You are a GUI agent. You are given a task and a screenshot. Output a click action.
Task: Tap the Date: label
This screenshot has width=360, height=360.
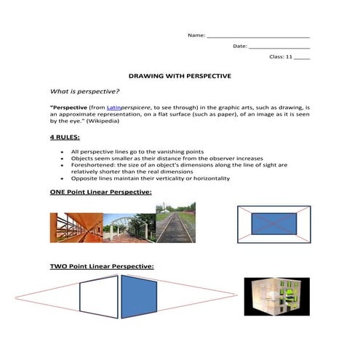(240, 46)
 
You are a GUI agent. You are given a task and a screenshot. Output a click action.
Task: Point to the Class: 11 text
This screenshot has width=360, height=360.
(280, 56)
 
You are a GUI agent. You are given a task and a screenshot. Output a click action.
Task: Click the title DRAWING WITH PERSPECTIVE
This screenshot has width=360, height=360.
(179, 75)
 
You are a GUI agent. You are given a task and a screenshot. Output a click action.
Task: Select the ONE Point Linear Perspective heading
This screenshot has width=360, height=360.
(100, 192)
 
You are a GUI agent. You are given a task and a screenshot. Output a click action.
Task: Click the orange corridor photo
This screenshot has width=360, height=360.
(76, 227)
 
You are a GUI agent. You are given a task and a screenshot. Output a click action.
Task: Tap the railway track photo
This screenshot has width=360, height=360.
(175, 222)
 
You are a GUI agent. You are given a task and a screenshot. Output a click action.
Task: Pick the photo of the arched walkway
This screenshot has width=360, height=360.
(129, 227)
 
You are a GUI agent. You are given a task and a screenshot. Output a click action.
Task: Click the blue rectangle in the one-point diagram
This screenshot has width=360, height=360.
(273, 223)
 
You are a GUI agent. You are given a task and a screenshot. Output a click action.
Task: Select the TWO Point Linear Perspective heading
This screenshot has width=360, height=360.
(101, 267)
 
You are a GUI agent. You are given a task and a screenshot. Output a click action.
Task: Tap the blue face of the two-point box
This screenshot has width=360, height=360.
(138, 297)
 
